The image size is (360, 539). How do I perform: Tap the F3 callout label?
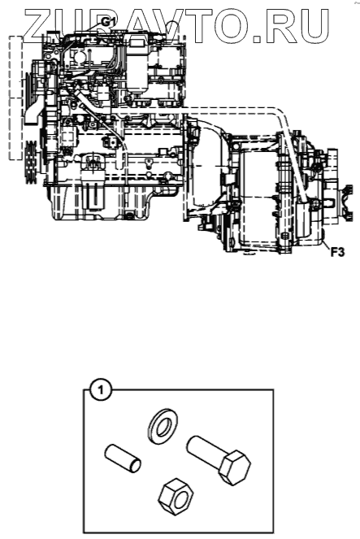[x=337, y=253]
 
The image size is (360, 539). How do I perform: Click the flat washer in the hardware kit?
[x=163, y=425]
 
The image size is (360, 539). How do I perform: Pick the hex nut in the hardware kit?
[x=176, y=496]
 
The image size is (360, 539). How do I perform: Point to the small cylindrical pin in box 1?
[x=123, y=459]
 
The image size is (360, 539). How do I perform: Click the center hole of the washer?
[x=163, y=425]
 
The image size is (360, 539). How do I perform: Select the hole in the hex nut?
[x=180, y=499]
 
